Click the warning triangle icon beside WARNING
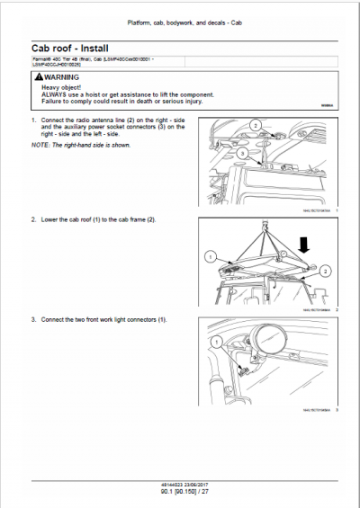[37, 78]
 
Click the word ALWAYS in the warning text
[51, 94]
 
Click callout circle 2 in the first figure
[255, 125]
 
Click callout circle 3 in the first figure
[242, 154]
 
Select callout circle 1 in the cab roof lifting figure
[211, 255]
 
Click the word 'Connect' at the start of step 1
[49, 120]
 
